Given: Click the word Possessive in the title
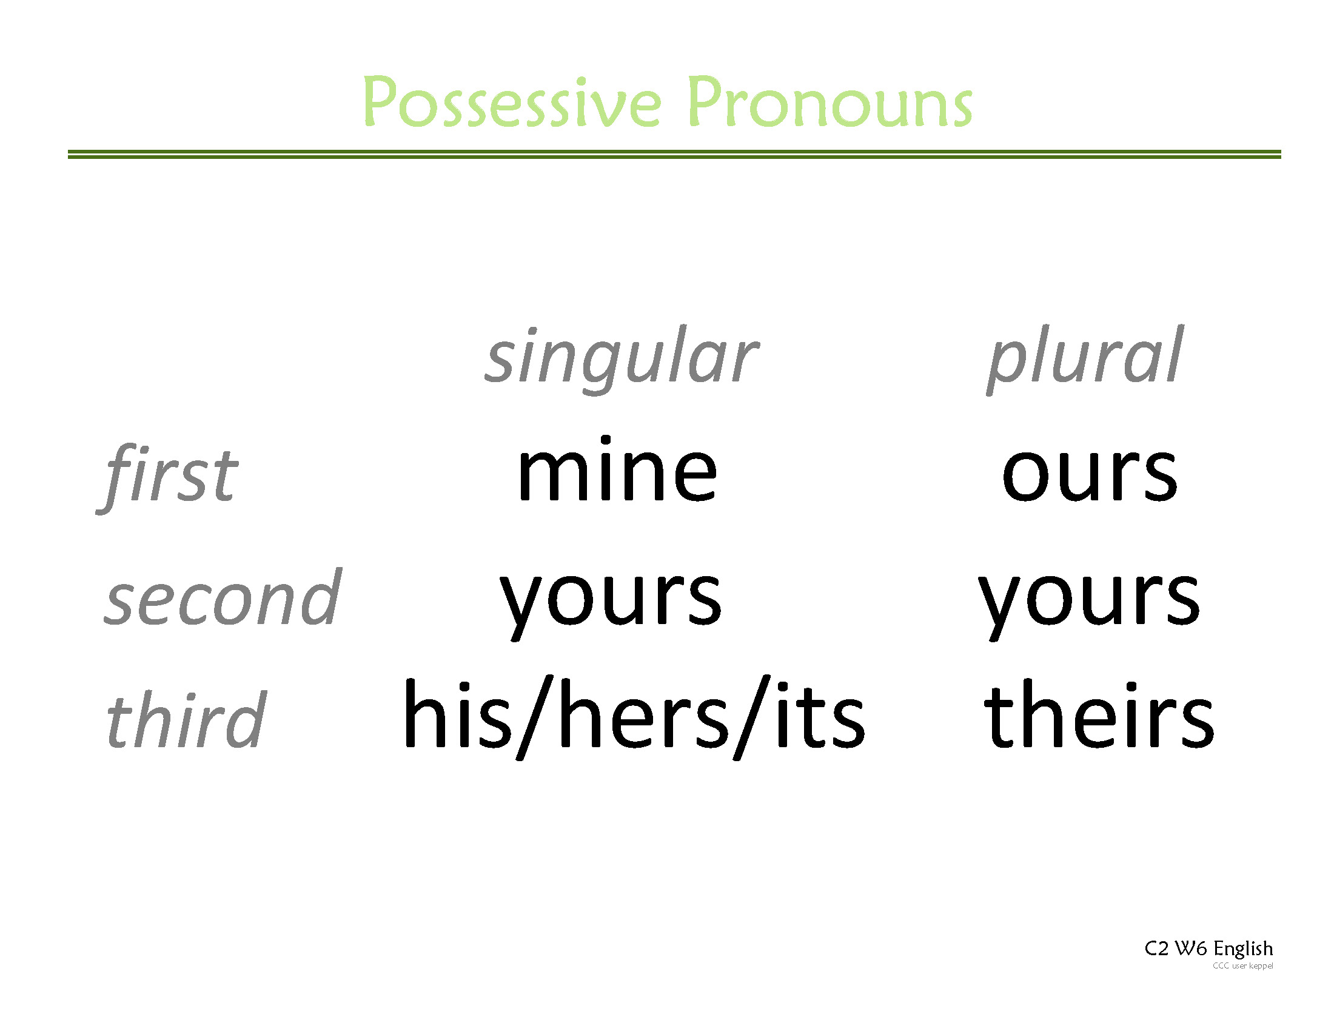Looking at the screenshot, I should click(512, 102).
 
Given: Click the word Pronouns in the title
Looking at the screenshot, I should click(830, 102).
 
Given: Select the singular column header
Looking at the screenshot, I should click(621, 357).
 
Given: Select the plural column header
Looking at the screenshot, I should click(1085, 357).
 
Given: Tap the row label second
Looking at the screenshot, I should click(223, 599).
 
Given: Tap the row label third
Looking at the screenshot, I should click(186, 720).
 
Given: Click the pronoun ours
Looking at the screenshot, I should click(1090, 474).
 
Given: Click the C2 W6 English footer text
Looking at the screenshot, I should click(1208, 949).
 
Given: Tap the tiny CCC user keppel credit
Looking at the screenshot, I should click(1242, 966).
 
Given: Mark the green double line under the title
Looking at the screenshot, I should click(674, 154).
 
